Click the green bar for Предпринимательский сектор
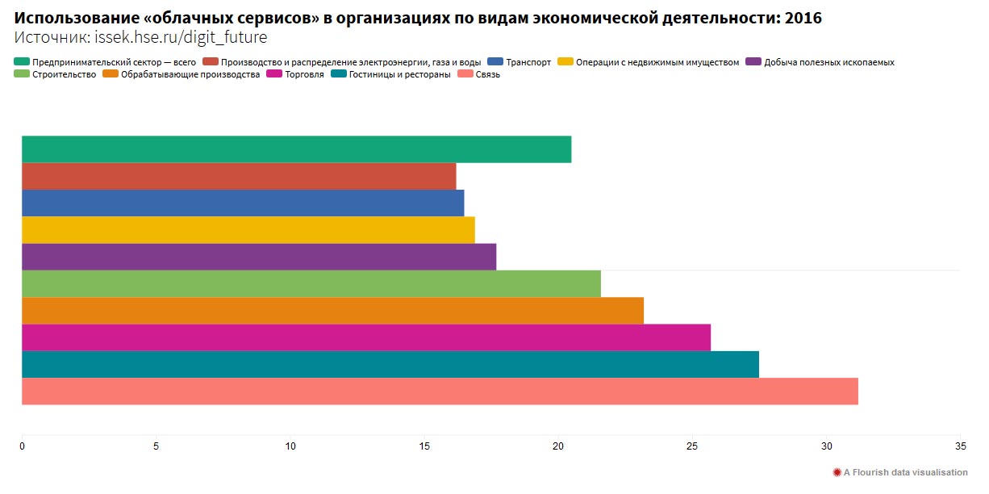296,149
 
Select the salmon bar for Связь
440,391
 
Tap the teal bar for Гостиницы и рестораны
390,365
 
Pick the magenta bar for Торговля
366,337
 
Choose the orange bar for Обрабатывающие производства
332,311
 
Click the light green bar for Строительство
311,283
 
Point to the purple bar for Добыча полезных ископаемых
259,257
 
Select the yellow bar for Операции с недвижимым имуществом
248,230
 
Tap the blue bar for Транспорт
243,203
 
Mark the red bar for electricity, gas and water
239,176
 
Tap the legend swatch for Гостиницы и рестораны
339,75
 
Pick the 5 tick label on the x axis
156,446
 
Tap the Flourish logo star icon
837,472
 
